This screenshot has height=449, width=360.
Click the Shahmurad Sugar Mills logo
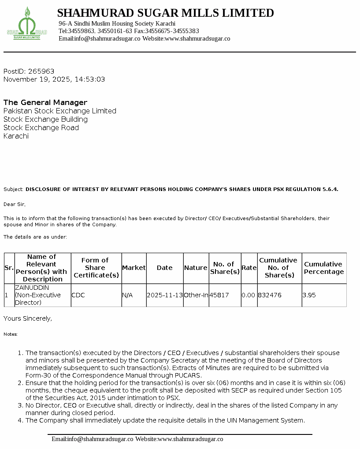27,24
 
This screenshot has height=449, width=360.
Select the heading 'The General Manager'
45,102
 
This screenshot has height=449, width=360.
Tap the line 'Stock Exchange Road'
41,127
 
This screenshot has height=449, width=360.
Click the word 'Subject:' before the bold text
13,189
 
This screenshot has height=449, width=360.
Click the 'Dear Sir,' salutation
15,204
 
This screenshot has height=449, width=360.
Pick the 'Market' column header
134,268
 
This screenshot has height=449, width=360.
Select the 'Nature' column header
196,268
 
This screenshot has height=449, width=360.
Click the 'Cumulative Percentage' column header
324,268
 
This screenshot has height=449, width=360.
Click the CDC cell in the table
78,295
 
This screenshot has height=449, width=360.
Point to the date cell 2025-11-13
164,295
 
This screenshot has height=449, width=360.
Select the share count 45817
219,295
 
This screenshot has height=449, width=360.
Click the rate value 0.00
249,295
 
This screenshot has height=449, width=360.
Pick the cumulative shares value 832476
270,295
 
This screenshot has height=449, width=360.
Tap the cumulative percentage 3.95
309,295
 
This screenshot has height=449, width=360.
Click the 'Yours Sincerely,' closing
28,318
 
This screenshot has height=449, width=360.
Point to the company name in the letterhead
165,13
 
